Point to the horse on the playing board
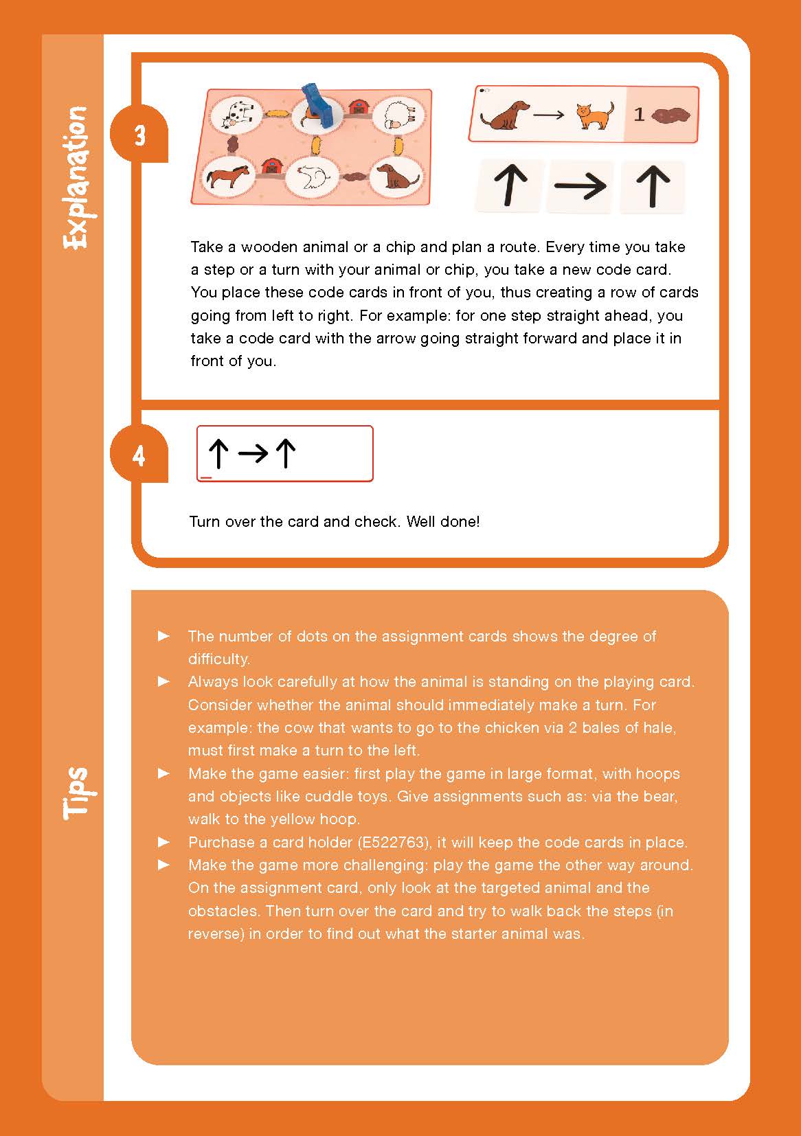227,177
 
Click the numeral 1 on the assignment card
639,114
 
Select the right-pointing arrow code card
580,185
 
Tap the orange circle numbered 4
139,455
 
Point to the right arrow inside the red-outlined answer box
252,453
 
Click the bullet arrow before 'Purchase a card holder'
164,841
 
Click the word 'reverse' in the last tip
215,934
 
